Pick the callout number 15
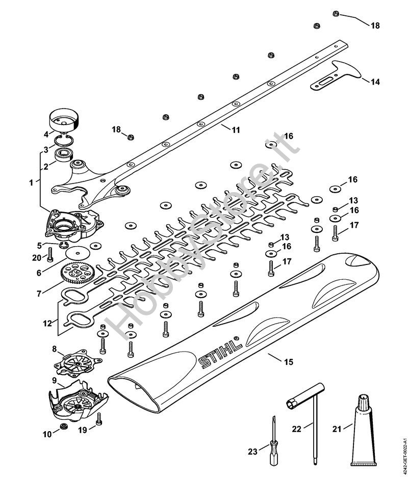coord(288,362)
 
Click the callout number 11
coord(235,130)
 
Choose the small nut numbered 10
coord(64,426)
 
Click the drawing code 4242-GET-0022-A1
coord(403,449)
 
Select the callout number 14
coord(375,82)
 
